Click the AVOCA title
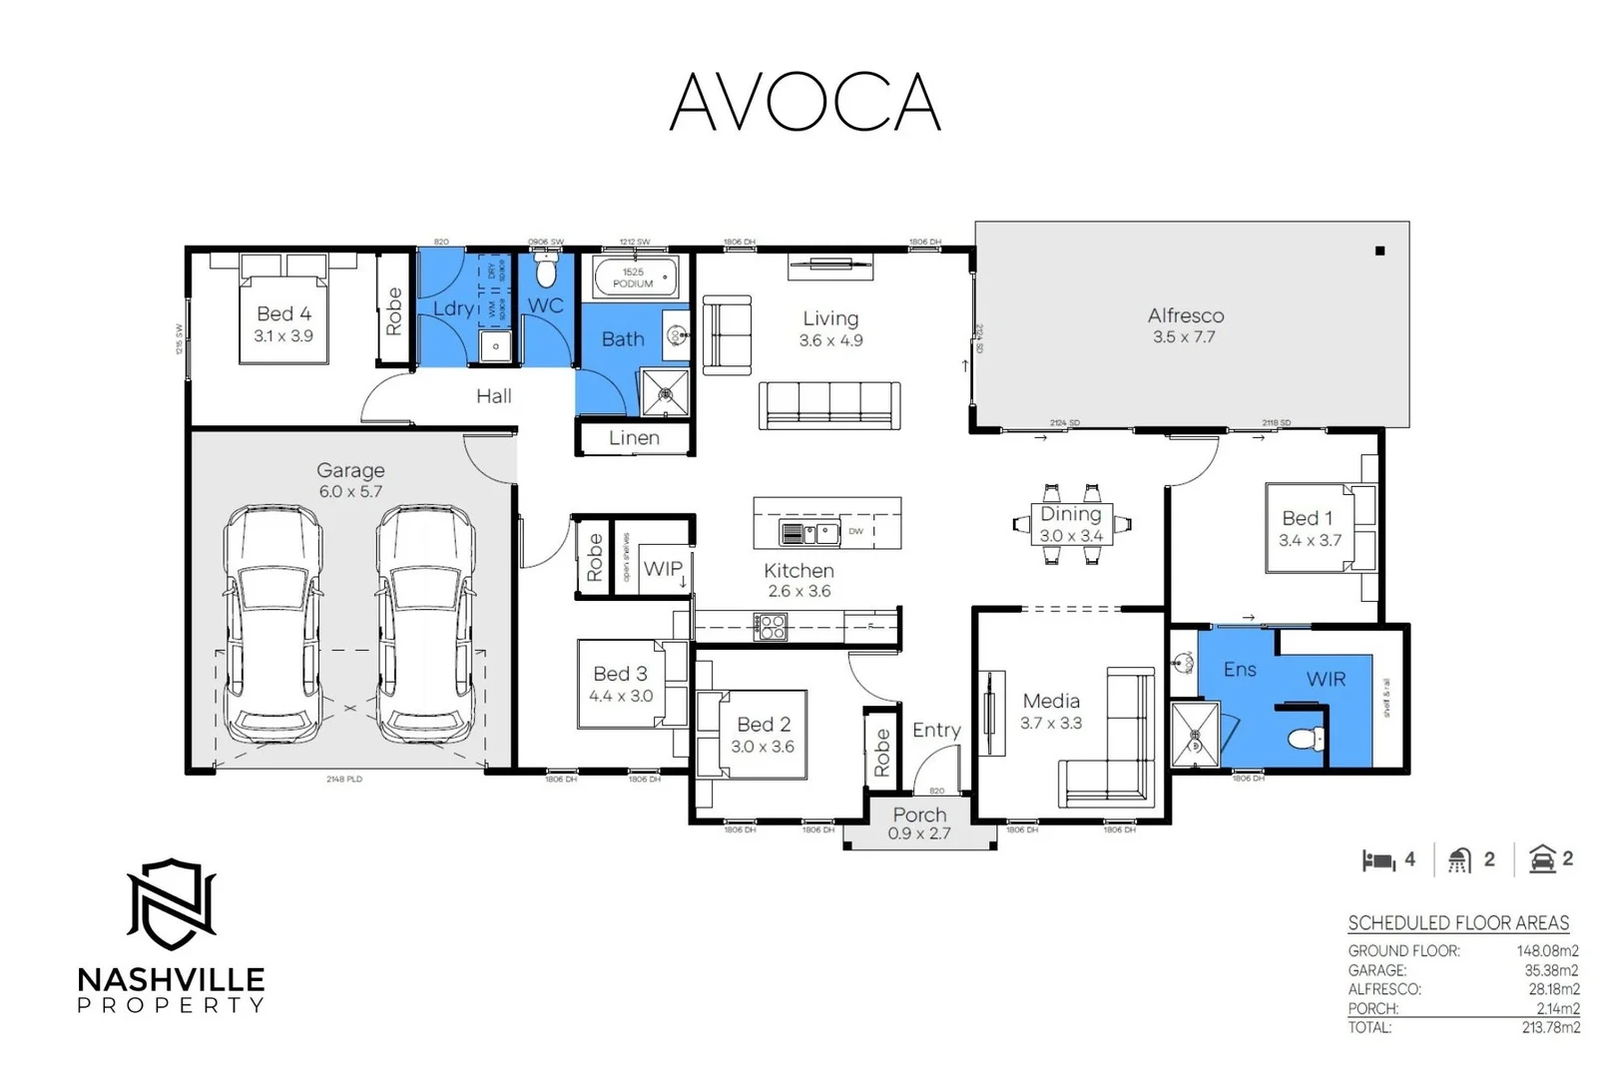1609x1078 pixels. click(804, 102)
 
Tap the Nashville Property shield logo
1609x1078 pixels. click(172, 904)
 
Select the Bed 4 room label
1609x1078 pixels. click(283, 314)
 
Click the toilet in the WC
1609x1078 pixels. click(546, 270)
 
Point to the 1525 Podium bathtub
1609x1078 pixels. click(634, 277)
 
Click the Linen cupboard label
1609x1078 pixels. click(634, 438)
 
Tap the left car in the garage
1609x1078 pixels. click(272, 624)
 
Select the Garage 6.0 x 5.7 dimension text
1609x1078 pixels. click(350, 492)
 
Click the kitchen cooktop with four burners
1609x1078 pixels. click(770, 627)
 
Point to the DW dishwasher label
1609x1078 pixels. click(855, 531)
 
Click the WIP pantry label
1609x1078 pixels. click(663, 569)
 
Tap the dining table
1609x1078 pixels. click(1071, 524)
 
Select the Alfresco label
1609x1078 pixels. click(1185, 315)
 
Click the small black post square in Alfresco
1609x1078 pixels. click(1379, 251)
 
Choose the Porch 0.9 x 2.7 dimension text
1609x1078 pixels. click(919, 833)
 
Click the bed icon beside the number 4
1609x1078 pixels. click(1378, 860)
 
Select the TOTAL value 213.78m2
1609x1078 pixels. click(1550, 1027)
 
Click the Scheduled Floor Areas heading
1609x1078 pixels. click(1457, 923)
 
